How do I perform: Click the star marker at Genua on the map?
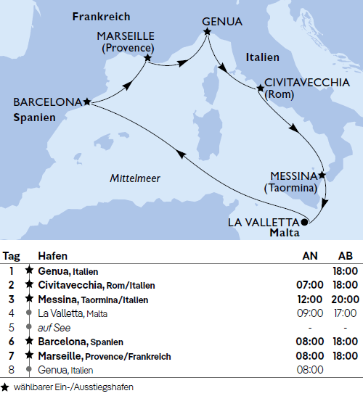pos(208,32)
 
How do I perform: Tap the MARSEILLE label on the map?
pos(124,36)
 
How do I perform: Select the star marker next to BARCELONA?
pos(87,102)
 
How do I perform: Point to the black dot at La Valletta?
pos(305,221)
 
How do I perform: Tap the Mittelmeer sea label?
pos(135,178)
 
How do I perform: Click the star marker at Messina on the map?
pos(322,176)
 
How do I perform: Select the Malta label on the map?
pos(284,233)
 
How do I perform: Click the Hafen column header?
pos(52,256)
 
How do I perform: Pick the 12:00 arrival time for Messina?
pos(309,299)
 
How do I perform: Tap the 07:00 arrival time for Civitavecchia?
pos(309,284)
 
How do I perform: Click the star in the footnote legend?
pos(5,387)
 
